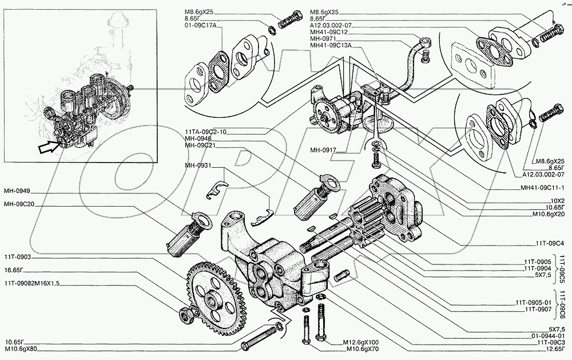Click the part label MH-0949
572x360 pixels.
point(17,191)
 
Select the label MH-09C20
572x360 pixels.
point(18,204)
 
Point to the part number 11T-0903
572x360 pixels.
point(17,258)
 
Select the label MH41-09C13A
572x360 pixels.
point(331,45)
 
